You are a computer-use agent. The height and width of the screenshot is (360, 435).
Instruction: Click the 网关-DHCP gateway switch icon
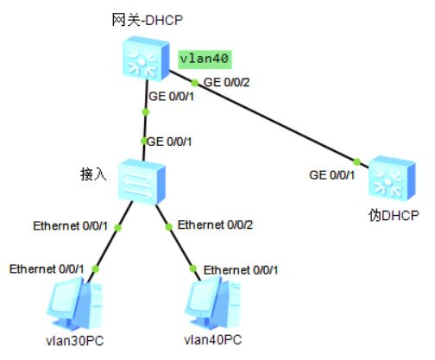pyautogui.click(x=145, y=58)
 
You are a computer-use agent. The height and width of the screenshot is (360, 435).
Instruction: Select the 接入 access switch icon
pyautogui.click(x=142, y=182)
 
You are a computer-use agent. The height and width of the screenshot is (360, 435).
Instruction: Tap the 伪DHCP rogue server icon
pyautogui.click(x=392, y=179)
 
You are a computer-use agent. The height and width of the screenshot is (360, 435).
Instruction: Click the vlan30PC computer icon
pyautogui.click(x=75, y=306)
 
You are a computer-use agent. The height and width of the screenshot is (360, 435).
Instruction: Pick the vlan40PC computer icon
pyautogui.click(x=213, y=306)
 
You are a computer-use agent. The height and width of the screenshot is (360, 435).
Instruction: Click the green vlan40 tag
pyautogui.click(x=205, y=60)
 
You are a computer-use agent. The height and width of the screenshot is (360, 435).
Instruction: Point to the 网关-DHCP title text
pyautogui.click(x=147, y=20)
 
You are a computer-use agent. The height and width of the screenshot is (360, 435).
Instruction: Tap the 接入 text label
pyautogui.click(x=93, y=174)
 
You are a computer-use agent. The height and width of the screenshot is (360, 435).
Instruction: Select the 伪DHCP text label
pyautogui.click(x=394, y=215)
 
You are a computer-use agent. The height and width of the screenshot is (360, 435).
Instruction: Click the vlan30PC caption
pyautogui.click(x=75, y=341)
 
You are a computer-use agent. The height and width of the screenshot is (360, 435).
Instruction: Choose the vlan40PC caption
pyautogui.click(x=213, y=340)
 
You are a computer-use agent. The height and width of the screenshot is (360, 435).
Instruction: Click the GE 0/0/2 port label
pyautogui.click(x=227, y=82)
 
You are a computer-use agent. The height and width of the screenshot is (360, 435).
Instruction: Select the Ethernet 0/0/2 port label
pyautogui.click(x=215, y=224)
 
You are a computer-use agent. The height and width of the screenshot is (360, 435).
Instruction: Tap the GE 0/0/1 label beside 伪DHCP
pyautogui.click(x=332, y=175)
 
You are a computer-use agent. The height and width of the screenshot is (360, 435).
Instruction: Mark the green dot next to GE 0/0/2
pyautogui.click(x=195, y=83)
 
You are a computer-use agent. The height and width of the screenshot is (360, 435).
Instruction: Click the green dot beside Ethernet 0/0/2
pyautogui.click(x=169, y=227)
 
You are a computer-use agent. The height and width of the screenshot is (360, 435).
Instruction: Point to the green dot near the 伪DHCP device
pyautogui.click(x=356, y=161)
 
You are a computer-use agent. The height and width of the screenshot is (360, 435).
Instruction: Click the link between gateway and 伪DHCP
pyautogui.click(x=268, y=119)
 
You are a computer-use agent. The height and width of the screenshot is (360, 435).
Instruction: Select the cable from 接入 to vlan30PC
pyautogui.click(x=110, y=242)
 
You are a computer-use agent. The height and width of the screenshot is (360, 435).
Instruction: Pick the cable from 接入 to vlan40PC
pyautogui.click(x=179, y=242)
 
